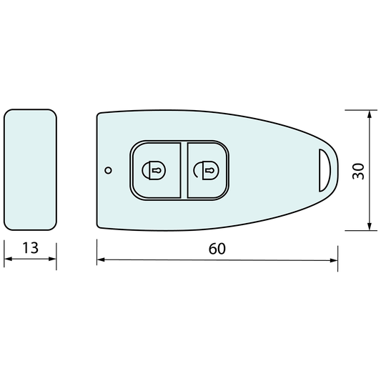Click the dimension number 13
(x=30, y=248)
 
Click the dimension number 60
(x=217, y=249)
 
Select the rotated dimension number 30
(x=358, y=172)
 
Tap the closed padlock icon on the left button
(x=154, y=170)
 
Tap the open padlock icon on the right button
(x=206, y=170)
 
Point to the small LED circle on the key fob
(x=109, y=170)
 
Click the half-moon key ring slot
(x=325, y=170)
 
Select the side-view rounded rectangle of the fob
(x=30, y=170)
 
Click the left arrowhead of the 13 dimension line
(x=8, y=259)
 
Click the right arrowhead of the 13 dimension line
(x=52, y=259)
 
